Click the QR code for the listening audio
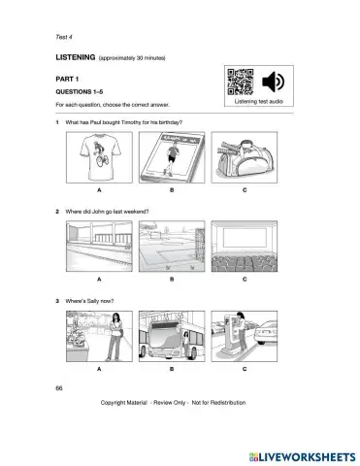[x=238, y=82]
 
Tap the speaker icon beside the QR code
[x=272, y=82]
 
